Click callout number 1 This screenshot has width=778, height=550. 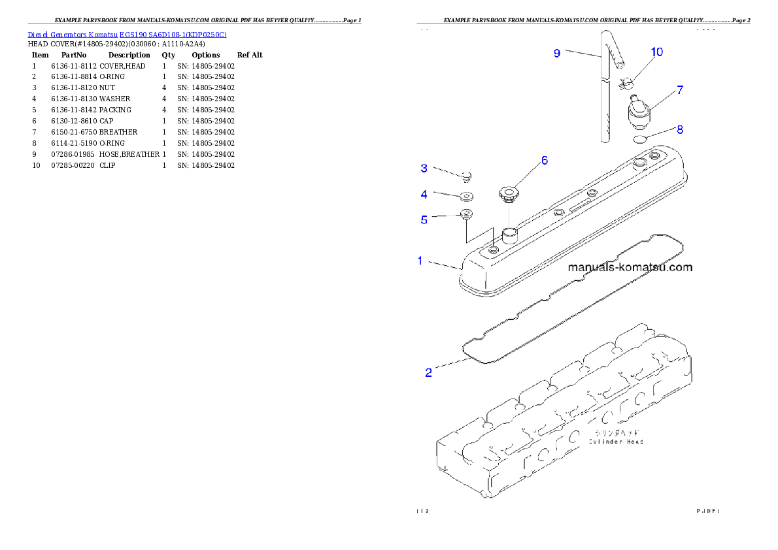(421, 261)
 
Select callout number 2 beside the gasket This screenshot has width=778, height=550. (428, 373)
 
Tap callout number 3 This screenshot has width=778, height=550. (424, 169)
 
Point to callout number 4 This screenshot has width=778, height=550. (424, 194)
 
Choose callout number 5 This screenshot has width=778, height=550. (424, 220)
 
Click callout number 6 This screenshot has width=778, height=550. (544, 160)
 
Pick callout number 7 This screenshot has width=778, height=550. (680, 90)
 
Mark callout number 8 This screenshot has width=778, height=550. (680, 130)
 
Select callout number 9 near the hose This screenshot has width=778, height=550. (557, 54)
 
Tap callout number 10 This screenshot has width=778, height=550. (656, 52)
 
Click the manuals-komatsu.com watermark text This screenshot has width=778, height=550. (630, 267)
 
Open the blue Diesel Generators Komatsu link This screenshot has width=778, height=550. (127, 35)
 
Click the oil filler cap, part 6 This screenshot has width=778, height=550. (508, 192)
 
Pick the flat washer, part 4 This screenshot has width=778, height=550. (465, 196)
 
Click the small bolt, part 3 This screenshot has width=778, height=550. (467, 175)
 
